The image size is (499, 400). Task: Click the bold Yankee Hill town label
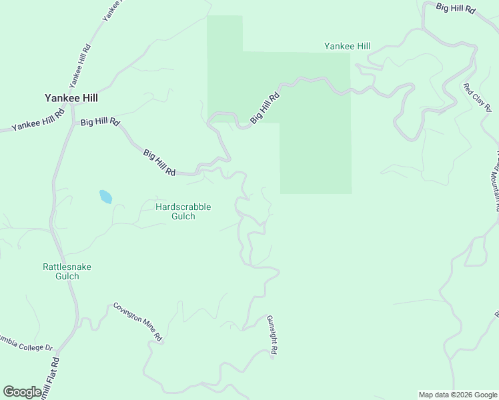pos(71,97)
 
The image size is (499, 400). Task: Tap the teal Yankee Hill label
pos(347,46)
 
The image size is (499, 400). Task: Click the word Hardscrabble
pos(183,207)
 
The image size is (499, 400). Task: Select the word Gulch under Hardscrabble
pos(183,216)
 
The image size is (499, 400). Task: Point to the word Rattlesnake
pos(67,267)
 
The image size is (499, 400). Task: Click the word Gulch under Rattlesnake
pos(67,276)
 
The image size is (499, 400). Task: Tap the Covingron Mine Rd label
pos(137,322)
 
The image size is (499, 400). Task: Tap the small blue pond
pos(105,197)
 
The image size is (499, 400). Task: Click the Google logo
pos(22,392)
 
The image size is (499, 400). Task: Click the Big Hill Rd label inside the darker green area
pos(265,107)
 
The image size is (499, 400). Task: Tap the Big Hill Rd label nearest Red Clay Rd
pos(456,9)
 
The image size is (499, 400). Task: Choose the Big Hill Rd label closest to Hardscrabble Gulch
pos(159,162)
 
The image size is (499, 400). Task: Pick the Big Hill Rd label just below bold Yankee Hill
pos(99,122)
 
